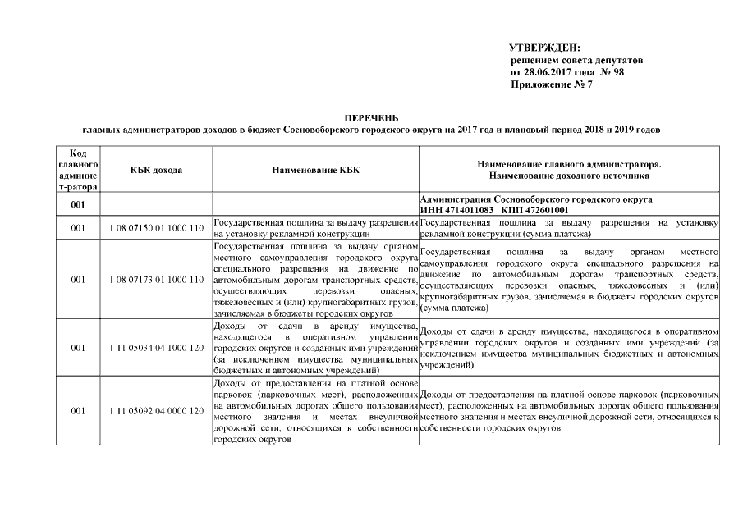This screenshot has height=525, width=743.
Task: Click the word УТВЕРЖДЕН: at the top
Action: pos(544,49)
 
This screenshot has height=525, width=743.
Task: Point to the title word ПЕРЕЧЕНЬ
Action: pos(370,119)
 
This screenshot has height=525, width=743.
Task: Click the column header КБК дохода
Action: pos(156,170)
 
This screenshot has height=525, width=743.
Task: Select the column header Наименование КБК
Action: pos(315,170)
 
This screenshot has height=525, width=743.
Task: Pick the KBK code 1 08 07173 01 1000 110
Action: pos(156,280)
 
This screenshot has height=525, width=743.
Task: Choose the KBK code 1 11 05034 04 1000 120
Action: pos(156,348)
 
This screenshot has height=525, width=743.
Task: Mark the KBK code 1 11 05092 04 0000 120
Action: pos(156,410)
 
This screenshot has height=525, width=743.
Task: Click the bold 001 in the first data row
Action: pos(78,204)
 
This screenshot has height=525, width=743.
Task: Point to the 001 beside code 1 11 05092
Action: pos(78,410)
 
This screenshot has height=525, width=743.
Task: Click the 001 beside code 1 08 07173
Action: pos(78,280)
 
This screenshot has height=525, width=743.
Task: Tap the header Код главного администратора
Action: pos(78,170)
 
